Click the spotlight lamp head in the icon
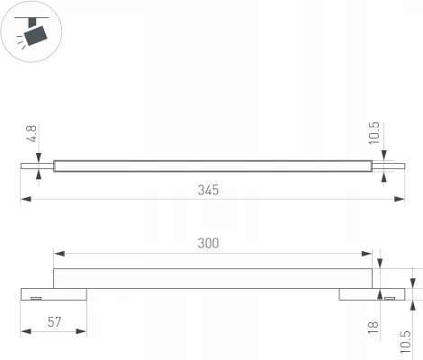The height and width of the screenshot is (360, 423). [37, 34]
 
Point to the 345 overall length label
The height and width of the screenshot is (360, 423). [208, 191]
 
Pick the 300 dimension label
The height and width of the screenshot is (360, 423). [208, 243]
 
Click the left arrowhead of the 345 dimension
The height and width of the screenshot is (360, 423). [23, 200]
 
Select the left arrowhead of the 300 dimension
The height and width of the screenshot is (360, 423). [57, 253]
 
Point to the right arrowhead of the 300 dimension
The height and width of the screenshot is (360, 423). [368, 253]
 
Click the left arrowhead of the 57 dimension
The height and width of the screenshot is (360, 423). [23, 332]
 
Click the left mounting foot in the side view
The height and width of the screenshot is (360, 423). [54, 294]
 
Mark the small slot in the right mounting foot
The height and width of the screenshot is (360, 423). [388, 297]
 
